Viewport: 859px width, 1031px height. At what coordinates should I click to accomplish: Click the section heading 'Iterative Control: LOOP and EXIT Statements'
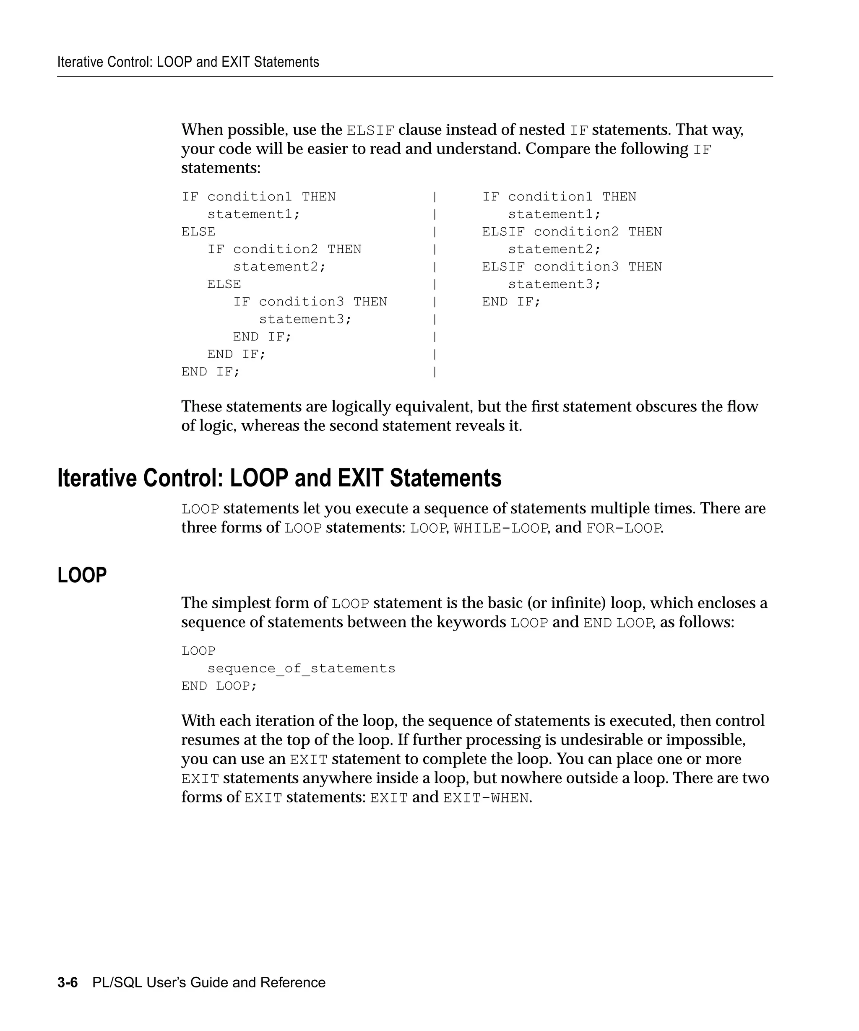point(279,478)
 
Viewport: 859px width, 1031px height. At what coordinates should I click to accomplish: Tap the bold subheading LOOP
point(82,575)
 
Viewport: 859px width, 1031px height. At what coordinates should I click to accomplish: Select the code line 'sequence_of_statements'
point(301,668)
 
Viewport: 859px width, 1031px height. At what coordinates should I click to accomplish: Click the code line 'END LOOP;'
point(219,686)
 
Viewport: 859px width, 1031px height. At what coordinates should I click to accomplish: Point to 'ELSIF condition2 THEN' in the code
point(571,231)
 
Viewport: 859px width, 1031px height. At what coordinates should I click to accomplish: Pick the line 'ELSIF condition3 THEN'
point(571,267)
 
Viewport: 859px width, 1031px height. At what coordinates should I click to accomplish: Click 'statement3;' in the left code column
point(305,319)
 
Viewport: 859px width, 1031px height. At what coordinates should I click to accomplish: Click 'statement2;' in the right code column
point(554,249)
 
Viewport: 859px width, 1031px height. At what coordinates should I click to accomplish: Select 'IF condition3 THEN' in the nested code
point(310,302)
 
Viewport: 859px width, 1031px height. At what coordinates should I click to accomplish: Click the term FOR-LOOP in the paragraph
point(624,528)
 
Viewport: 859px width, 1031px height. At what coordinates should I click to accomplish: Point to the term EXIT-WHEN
point(486,798)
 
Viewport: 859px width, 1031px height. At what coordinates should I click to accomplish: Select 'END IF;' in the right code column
point(511,302)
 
